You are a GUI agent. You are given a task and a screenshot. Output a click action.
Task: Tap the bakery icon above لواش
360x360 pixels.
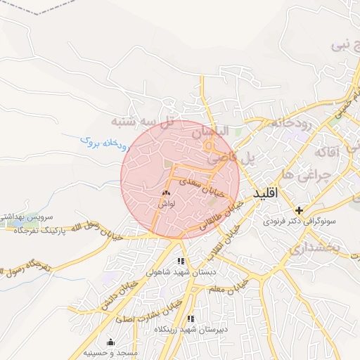[x=167, y=192]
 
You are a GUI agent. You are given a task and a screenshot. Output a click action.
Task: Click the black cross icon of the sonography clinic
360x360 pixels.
[x=300, y=210]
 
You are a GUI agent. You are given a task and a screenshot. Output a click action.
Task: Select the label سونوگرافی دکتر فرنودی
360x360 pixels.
[x=297, y=221]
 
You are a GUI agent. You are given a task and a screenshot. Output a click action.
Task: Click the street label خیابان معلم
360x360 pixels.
[x=246, y=288]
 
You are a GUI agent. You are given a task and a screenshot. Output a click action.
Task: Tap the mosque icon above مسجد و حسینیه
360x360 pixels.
[x=110, y=342]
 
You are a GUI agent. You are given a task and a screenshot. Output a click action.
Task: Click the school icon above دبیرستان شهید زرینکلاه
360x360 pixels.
[x=191, y=319]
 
